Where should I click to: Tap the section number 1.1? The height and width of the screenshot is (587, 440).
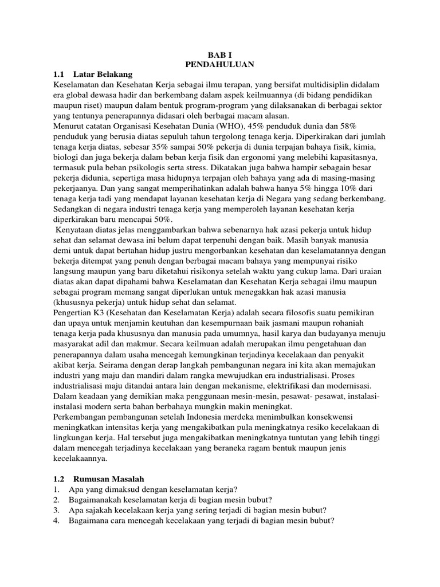point(60,75)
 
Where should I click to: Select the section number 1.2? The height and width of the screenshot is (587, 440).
point(60,479)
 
